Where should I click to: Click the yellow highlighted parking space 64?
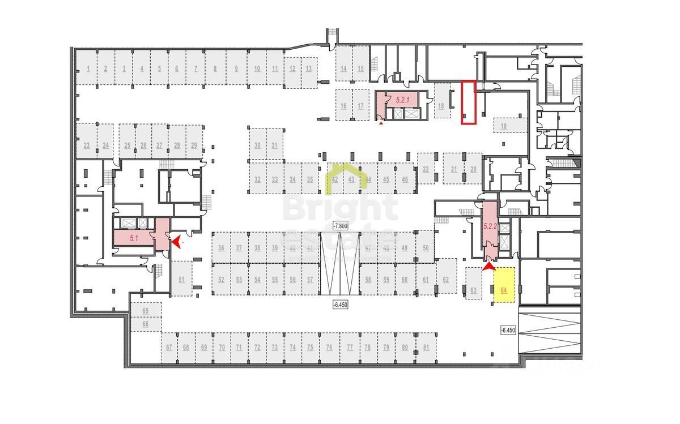504,285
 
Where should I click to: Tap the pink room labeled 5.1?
134,238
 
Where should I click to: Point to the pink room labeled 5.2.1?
403,100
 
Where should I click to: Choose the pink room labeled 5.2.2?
490,226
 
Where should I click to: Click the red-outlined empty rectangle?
468,102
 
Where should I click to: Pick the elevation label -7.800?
340,226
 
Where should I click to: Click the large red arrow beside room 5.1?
177,242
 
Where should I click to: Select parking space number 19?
504,126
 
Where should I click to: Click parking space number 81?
426,347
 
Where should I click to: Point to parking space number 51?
181,279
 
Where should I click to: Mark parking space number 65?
146,311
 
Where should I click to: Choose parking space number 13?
308,69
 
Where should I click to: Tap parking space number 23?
87,145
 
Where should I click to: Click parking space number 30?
257,145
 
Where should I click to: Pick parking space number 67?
169,347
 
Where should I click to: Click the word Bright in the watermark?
340,208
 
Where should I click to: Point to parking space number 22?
426,169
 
